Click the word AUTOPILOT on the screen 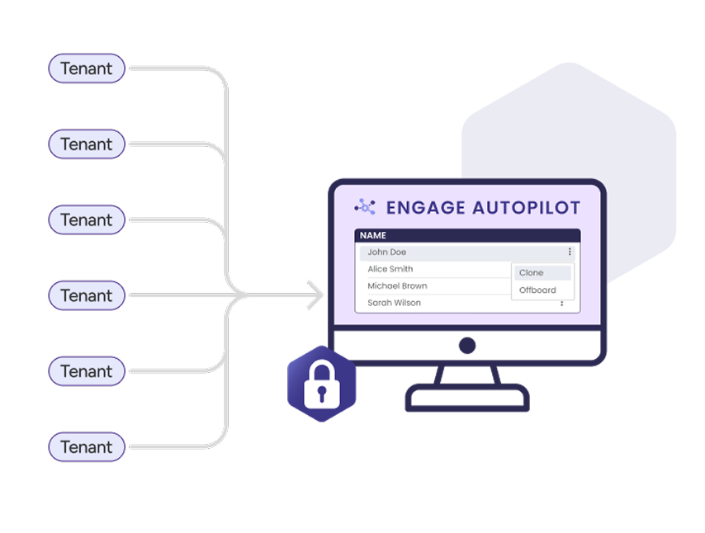[526, 207]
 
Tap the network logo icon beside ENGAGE [365, 207]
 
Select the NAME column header [373, 236]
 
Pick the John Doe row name [386, 252]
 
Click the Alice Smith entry [390, 269]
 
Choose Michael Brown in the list [397, 286]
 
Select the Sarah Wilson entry [394, 303]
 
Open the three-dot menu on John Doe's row [570, 252]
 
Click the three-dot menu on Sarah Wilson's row [562, 304]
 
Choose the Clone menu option [532, 273]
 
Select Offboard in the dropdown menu [537, 290]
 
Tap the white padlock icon [322, 384]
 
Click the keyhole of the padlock [322, 392]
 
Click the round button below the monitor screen [467, 345]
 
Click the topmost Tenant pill [87, 68]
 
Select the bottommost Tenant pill [87, 447]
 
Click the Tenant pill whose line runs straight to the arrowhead [87, 295]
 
